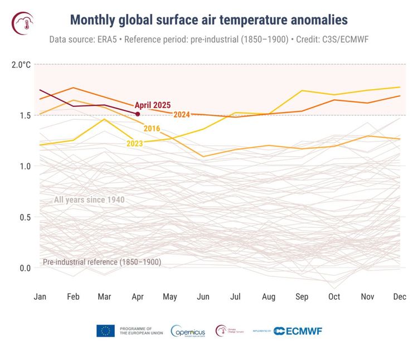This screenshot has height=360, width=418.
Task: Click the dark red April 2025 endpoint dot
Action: [138, 114]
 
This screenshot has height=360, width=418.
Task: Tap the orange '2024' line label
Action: [182, 115]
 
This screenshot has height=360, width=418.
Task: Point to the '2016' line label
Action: [152, 129]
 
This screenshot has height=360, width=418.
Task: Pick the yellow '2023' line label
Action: [135, 143]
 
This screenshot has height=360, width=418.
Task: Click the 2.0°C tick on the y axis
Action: [21, 65]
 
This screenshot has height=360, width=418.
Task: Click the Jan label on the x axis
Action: [40, 296]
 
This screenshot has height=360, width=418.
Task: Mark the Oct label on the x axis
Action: [334, 296]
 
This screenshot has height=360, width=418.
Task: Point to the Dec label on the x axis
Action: [399, 296]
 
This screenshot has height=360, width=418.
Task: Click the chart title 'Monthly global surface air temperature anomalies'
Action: [209, 20]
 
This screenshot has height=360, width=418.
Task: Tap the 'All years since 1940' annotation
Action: [89, 200]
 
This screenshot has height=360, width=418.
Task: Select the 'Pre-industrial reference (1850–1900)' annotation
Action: [102, 262]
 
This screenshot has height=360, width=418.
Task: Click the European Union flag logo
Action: [105, 330]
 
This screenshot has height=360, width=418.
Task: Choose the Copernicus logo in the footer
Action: [189, 330]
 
